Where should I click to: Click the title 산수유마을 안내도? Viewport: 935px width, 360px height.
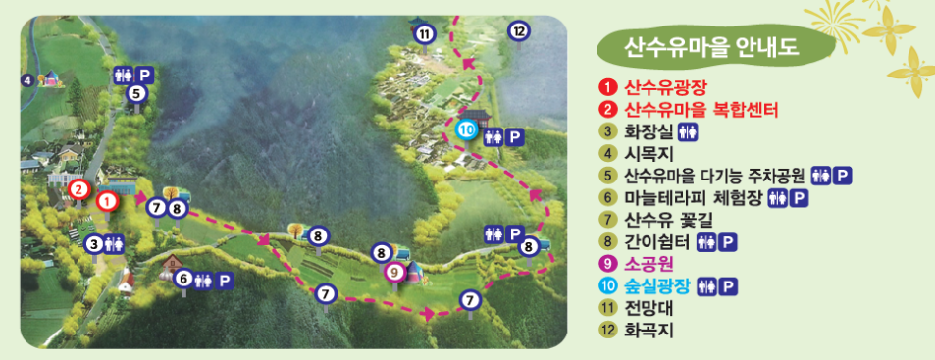[713, 44]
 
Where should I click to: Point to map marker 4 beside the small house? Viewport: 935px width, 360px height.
[27, 79]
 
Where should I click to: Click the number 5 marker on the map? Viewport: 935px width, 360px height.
[137, 93]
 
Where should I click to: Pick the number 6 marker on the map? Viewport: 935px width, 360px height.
[182, 279]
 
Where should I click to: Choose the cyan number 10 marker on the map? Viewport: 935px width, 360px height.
[467, 129]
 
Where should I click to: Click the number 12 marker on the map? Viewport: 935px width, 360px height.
[519, 29]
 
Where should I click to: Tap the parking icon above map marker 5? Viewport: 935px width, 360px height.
[144, 74]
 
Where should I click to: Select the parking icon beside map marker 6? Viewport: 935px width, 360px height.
[224, 280]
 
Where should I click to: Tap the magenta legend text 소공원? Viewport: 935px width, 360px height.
[647, 265]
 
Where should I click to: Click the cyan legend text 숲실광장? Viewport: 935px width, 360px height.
[657, 286]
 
